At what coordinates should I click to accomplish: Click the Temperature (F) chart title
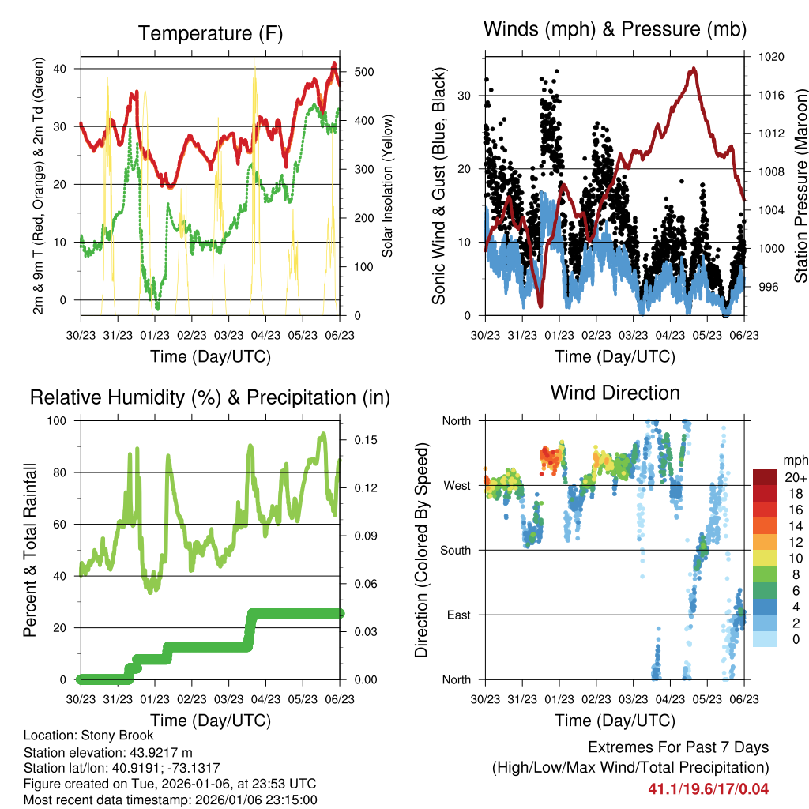pos(210,33)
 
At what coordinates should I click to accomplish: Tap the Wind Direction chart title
pos(615,392)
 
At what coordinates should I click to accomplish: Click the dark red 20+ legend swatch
pos(764,476)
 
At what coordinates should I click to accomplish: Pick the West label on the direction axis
pos(456,485)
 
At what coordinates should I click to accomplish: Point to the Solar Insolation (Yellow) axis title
pos(388,186)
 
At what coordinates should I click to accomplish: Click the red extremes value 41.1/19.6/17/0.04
pos(708,788)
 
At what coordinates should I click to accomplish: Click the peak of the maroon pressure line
pos(693,69)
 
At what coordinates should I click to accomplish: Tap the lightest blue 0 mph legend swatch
pos(764,640)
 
